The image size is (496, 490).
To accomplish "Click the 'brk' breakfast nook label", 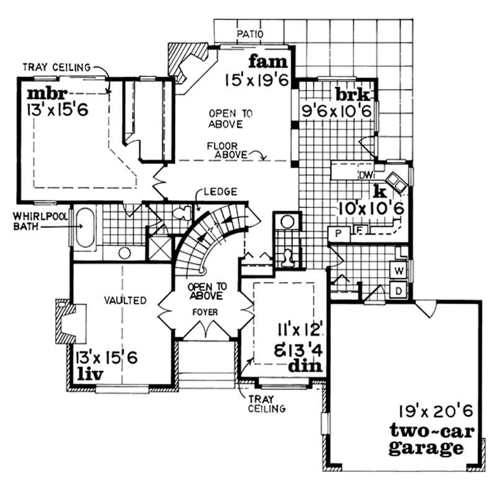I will click(x=353, y=96).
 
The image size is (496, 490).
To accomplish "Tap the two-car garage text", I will click(x=426, y=439).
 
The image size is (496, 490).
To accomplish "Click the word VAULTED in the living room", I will click(x=126, y=301).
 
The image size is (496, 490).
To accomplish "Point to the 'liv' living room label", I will click(x=88, y=373).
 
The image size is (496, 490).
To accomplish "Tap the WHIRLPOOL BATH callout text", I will click(x=31, y=220).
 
